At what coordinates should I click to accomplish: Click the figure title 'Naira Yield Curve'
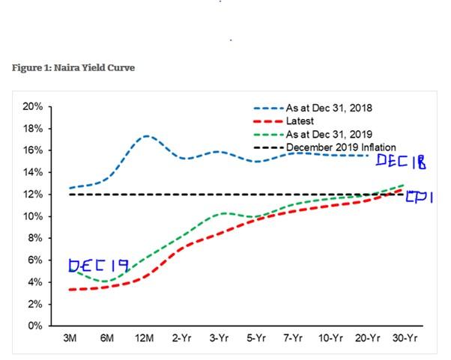click(73, 68)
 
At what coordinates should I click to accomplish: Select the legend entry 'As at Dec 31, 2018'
click(329, 108)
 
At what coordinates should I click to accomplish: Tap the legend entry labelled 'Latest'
click(300, 120)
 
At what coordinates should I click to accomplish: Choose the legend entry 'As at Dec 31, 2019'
click(329, 134)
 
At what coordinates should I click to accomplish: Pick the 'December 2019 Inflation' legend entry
click(341, 147)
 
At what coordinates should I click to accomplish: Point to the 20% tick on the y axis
click(33, 106)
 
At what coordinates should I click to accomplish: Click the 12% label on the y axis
click(33, 195)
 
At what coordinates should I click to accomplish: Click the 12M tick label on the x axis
click(145, 339)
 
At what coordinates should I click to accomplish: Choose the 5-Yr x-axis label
click(256, 339)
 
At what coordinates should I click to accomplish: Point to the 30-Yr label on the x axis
click(405, 339)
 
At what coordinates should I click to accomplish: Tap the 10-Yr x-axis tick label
click(330, 339)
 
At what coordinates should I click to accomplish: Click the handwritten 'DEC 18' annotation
click(401, 161)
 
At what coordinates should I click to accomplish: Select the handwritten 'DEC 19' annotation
click(97, 266)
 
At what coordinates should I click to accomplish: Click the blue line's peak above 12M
click(146, 136)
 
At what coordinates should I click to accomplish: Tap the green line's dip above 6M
click(107, 281)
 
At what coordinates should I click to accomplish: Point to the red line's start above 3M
click(70, 289)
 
